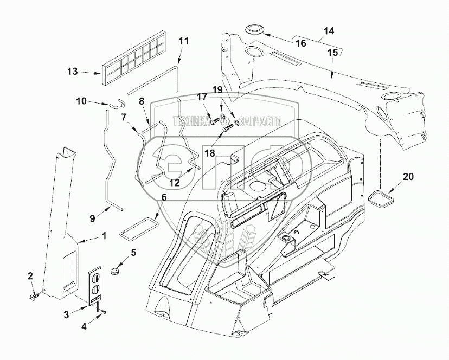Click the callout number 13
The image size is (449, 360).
73,72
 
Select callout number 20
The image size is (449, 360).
408,177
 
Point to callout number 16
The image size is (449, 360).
300,43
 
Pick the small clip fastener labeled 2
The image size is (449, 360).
34,296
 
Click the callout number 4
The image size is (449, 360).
84,326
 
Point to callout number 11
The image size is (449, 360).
183,42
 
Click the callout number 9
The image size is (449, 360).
92,219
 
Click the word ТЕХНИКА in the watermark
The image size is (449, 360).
191,121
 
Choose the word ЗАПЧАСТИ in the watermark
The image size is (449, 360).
260,121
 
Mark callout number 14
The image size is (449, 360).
329,31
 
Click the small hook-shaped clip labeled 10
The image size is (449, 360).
117,104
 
